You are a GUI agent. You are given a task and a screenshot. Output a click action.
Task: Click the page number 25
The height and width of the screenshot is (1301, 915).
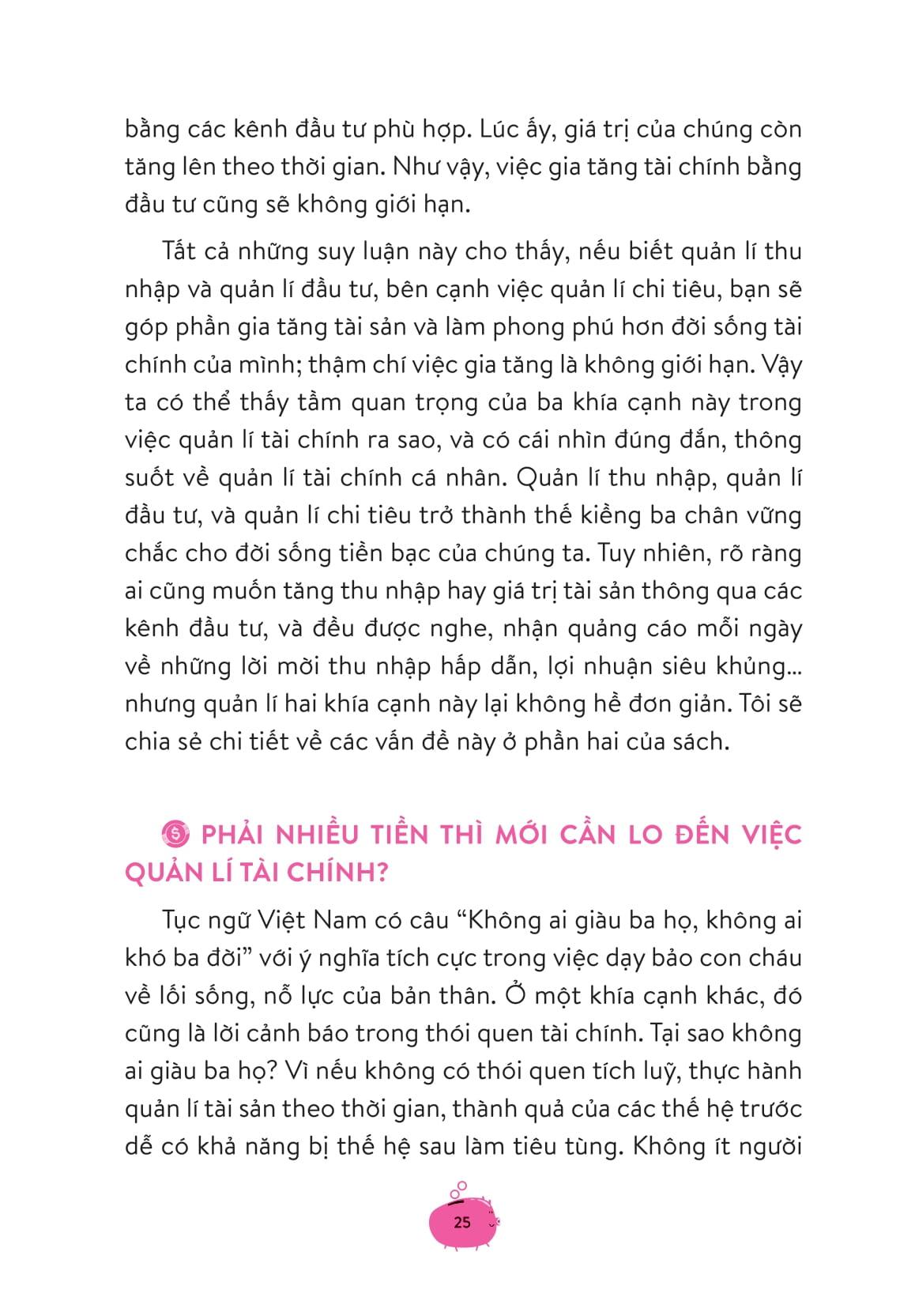point(462,1222)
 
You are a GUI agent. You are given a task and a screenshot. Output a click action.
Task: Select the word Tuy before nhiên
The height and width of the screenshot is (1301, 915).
point(621,552)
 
